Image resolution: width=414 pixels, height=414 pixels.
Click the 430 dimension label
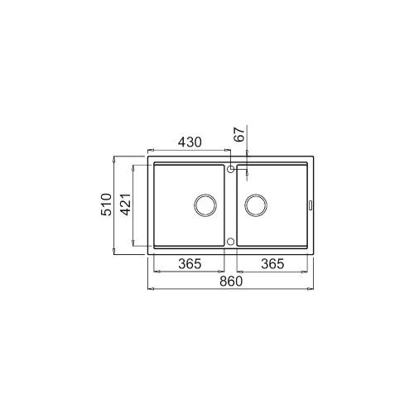pyautogui.click(x=190, y=142)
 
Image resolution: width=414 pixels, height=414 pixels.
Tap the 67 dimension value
pyautogui.click(x=239, y=135)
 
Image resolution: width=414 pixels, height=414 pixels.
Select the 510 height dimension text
pyautogui.click(x=106, y=205)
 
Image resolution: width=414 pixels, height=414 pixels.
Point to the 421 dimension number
pyautogui.click(x=126, y=205)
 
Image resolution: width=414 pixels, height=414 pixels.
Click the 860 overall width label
pyautogui.click(x=231, y=282)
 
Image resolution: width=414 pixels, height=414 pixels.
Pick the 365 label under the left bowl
pyautogui.click(x=190, y=264)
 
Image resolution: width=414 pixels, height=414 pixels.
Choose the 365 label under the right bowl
pyautogui.click(x=272, y=264)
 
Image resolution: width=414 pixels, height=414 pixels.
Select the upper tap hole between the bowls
pyautogui.click(x=231, y=169)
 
